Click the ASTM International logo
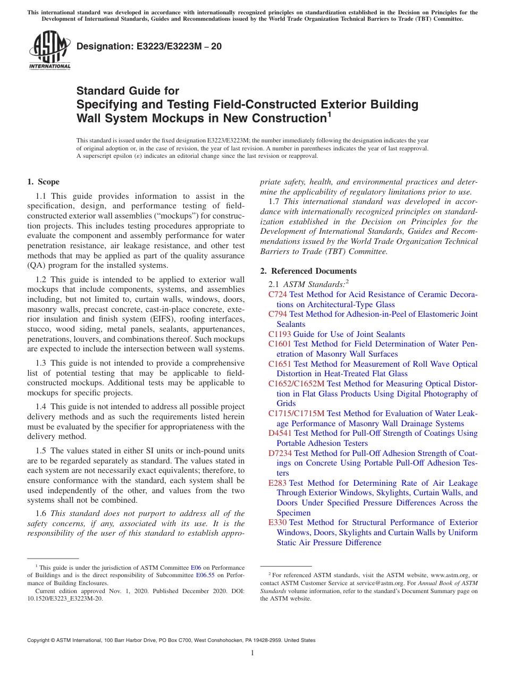click(49, 50)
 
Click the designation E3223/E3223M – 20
click(149, 47)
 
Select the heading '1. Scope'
click(44, 182)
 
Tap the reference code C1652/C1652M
click(296, 384)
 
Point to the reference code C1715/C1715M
click(296, 413)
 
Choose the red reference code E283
click(277, 483)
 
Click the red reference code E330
click(277, 522)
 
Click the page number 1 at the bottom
click(252, 653)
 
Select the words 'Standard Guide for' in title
click(128, 91)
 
